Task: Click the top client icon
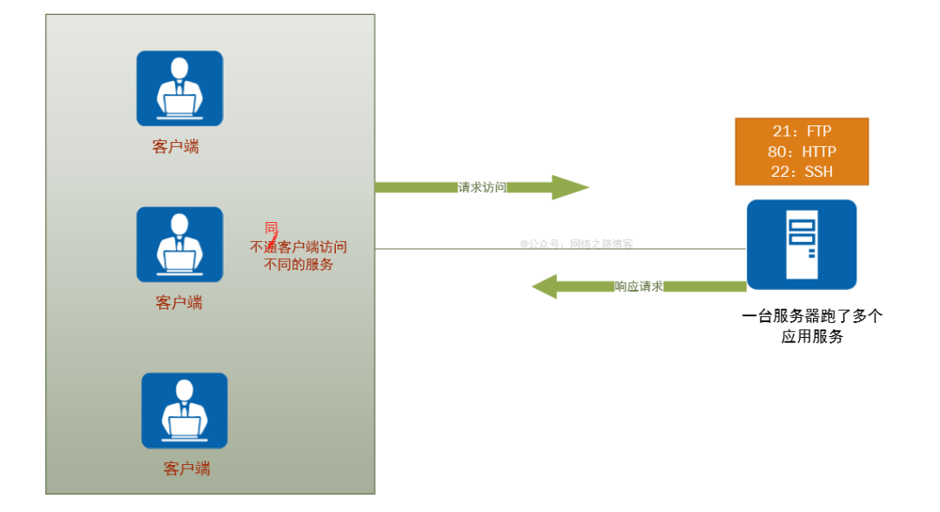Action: (x=179, y=88)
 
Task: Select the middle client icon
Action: (x=179, y=244)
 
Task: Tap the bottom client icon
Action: (x=185, y=410)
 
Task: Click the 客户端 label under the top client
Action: (x=176, y=147)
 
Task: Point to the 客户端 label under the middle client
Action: (x=179, y=303)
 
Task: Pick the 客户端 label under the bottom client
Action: (x=187, y=468)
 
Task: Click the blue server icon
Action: (x=802, y=244)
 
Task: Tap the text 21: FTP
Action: (x=802, y=131)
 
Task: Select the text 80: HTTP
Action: (x=802, y=152)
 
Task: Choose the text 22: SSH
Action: (x=802, y=172)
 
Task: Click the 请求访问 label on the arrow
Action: (x=482, y=187)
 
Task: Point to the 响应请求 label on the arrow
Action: (x=639, y=286)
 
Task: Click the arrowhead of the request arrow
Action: (x=570, y=187)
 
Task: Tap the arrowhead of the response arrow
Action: (x=546, y=286)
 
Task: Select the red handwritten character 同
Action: (x=272, y=228)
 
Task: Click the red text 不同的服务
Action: (x=299, y=265)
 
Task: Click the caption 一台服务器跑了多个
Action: (x=812, y=316)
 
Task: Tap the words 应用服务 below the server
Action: (x=812, y=337)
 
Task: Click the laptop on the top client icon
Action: (x=179, y=106)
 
